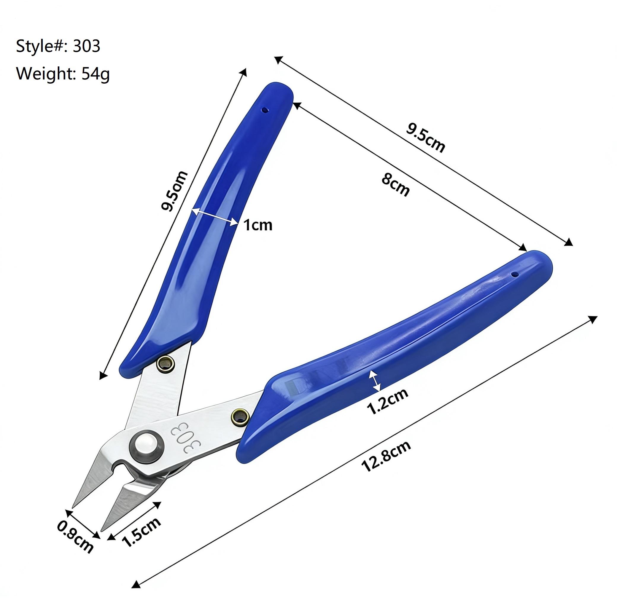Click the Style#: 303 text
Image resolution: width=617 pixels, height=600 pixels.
pos(58,46)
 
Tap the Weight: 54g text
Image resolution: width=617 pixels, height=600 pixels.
pos(63,74)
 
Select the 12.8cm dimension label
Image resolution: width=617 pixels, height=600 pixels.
pos(386,456)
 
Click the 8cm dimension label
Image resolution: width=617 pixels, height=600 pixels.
pos(396,185)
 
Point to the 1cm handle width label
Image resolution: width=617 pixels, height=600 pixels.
pos(257,225)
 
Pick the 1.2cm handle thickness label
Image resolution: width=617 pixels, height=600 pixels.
pos(387,401)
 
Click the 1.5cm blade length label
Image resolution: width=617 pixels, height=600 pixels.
pos(141,532)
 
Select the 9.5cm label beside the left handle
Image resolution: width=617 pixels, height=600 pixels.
pos(174,191)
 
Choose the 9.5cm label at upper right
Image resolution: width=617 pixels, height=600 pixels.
pos(425,138)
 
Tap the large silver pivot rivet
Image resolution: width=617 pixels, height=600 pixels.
pos(147,446)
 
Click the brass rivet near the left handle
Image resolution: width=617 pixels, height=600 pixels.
pos(166,364)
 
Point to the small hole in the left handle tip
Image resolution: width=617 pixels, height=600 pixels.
pos(265,110)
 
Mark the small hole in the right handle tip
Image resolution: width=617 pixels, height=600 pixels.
pos(515,274)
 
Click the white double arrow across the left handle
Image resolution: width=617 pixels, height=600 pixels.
pos(215,216)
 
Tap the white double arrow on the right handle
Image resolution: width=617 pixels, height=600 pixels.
pos(375,381)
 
